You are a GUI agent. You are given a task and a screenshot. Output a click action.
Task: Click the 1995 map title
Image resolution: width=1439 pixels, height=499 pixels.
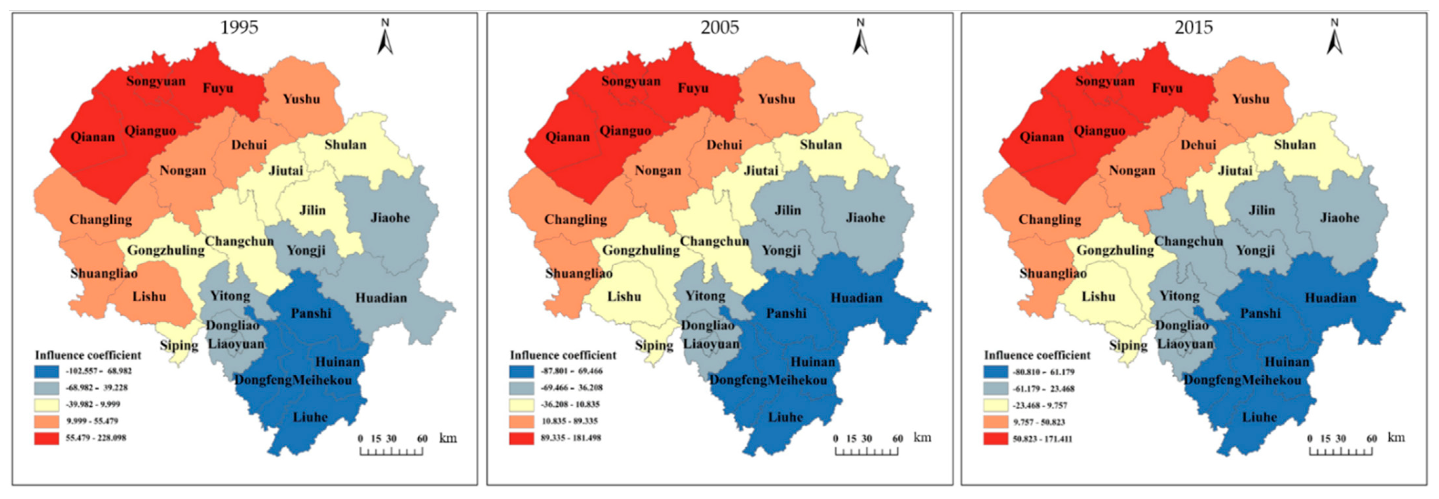pos(239,28)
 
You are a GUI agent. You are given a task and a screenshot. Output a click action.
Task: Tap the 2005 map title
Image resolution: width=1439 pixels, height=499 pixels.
pos(719,28)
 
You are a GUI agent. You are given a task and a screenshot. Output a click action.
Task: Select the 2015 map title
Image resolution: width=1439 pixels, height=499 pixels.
pos(1194,28)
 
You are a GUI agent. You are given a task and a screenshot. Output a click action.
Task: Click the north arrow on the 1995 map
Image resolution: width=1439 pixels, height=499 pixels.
pos(385,38)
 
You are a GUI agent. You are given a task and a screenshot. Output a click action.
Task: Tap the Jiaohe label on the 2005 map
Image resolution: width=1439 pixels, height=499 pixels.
pos(865,218)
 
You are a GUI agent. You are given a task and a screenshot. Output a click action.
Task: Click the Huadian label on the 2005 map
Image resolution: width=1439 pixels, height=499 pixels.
pos(856,298)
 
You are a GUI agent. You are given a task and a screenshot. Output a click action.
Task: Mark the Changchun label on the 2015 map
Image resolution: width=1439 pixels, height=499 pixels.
pos(1189,242)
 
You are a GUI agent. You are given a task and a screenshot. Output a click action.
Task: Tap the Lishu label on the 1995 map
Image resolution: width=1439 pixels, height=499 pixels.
pos(149,297)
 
